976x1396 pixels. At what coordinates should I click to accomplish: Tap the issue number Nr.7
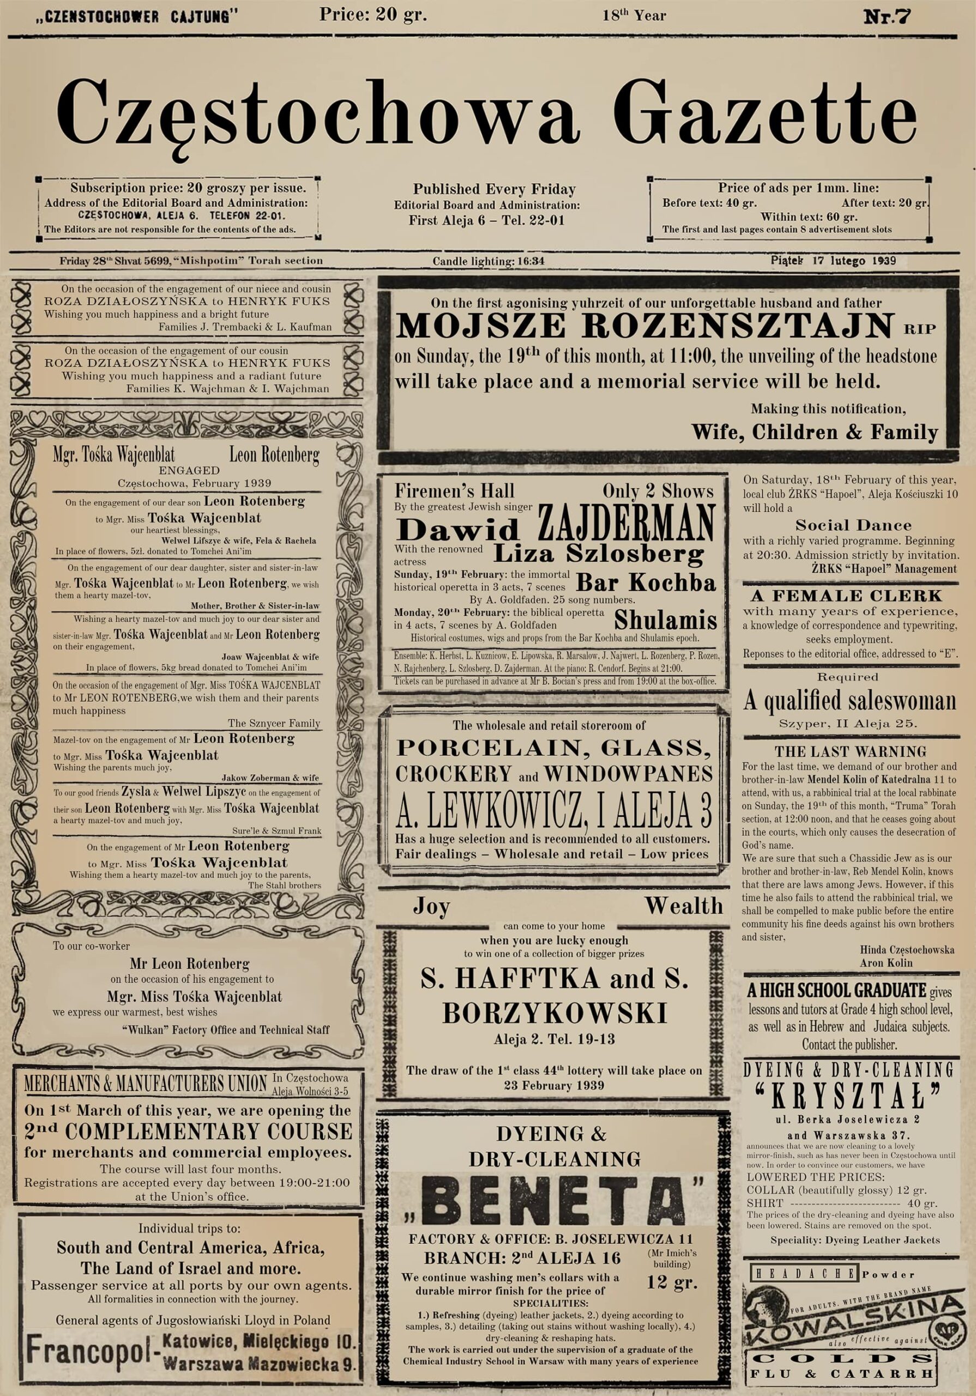pos(887,16)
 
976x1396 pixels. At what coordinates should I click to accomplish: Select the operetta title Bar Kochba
pos(646,582)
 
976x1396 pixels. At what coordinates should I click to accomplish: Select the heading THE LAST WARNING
pos(850,751)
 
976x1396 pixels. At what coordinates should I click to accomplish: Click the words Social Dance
pos(853,525)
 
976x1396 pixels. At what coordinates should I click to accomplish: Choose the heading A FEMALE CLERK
pos(846,595)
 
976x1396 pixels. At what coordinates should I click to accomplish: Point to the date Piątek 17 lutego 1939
pos(833,261)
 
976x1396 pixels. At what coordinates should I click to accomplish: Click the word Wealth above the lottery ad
pos(684,906)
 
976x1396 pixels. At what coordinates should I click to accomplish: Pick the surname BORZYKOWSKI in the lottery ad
pos(554,1014)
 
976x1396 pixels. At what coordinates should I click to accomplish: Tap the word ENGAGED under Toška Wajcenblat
pos(189,470)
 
